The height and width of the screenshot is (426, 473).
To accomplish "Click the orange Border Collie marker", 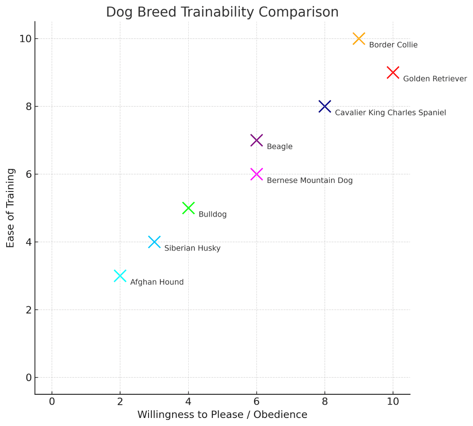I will tap(359, 39).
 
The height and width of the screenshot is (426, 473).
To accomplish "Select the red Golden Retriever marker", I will tap(393, 73).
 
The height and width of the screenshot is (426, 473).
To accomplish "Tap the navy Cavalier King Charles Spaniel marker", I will tap(324, 106).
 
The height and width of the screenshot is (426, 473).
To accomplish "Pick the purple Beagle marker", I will tap(256, 140).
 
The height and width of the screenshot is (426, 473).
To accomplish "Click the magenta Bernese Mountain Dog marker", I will tap(256, 174).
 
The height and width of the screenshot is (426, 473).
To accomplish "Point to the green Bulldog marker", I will tap(188, 208).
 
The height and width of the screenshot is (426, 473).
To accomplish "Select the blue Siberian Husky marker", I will tap(154, 242).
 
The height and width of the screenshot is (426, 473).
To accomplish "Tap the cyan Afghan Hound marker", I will tap(120, 276).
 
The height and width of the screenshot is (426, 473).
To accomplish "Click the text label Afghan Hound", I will tap(157, 282).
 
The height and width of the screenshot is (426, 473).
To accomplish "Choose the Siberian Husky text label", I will tap(192, 248).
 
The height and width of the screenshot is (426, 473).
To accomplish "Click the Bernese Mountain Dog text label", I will tap(309, 181).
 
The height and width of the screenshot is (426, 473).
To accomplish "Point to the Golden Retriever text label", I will tap(435, 79).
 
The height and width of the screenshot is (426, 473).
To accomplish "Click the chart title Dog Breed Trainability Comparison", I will tap(222, 12).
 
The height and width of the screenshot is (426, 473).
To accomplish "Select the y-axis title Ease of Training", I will tap(10, 208).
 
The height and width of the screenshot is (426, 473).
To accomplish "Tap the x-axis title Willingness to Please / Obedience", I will tap(222, 415).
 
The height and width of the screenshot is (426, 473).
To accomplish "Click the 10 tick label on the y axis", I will tap(26, 39).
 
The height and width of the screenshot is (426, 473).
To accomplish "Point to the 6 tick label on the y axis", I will tap(28, 174).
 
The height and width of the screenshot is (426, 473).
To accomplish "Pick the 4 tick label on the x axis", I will tap(188, 401).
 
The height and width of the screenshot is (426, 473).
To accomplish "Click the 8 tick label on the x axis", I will tap(324, 401).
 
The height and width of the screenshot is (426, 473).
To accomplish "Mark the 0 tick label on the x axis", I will tap(52, 401).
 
